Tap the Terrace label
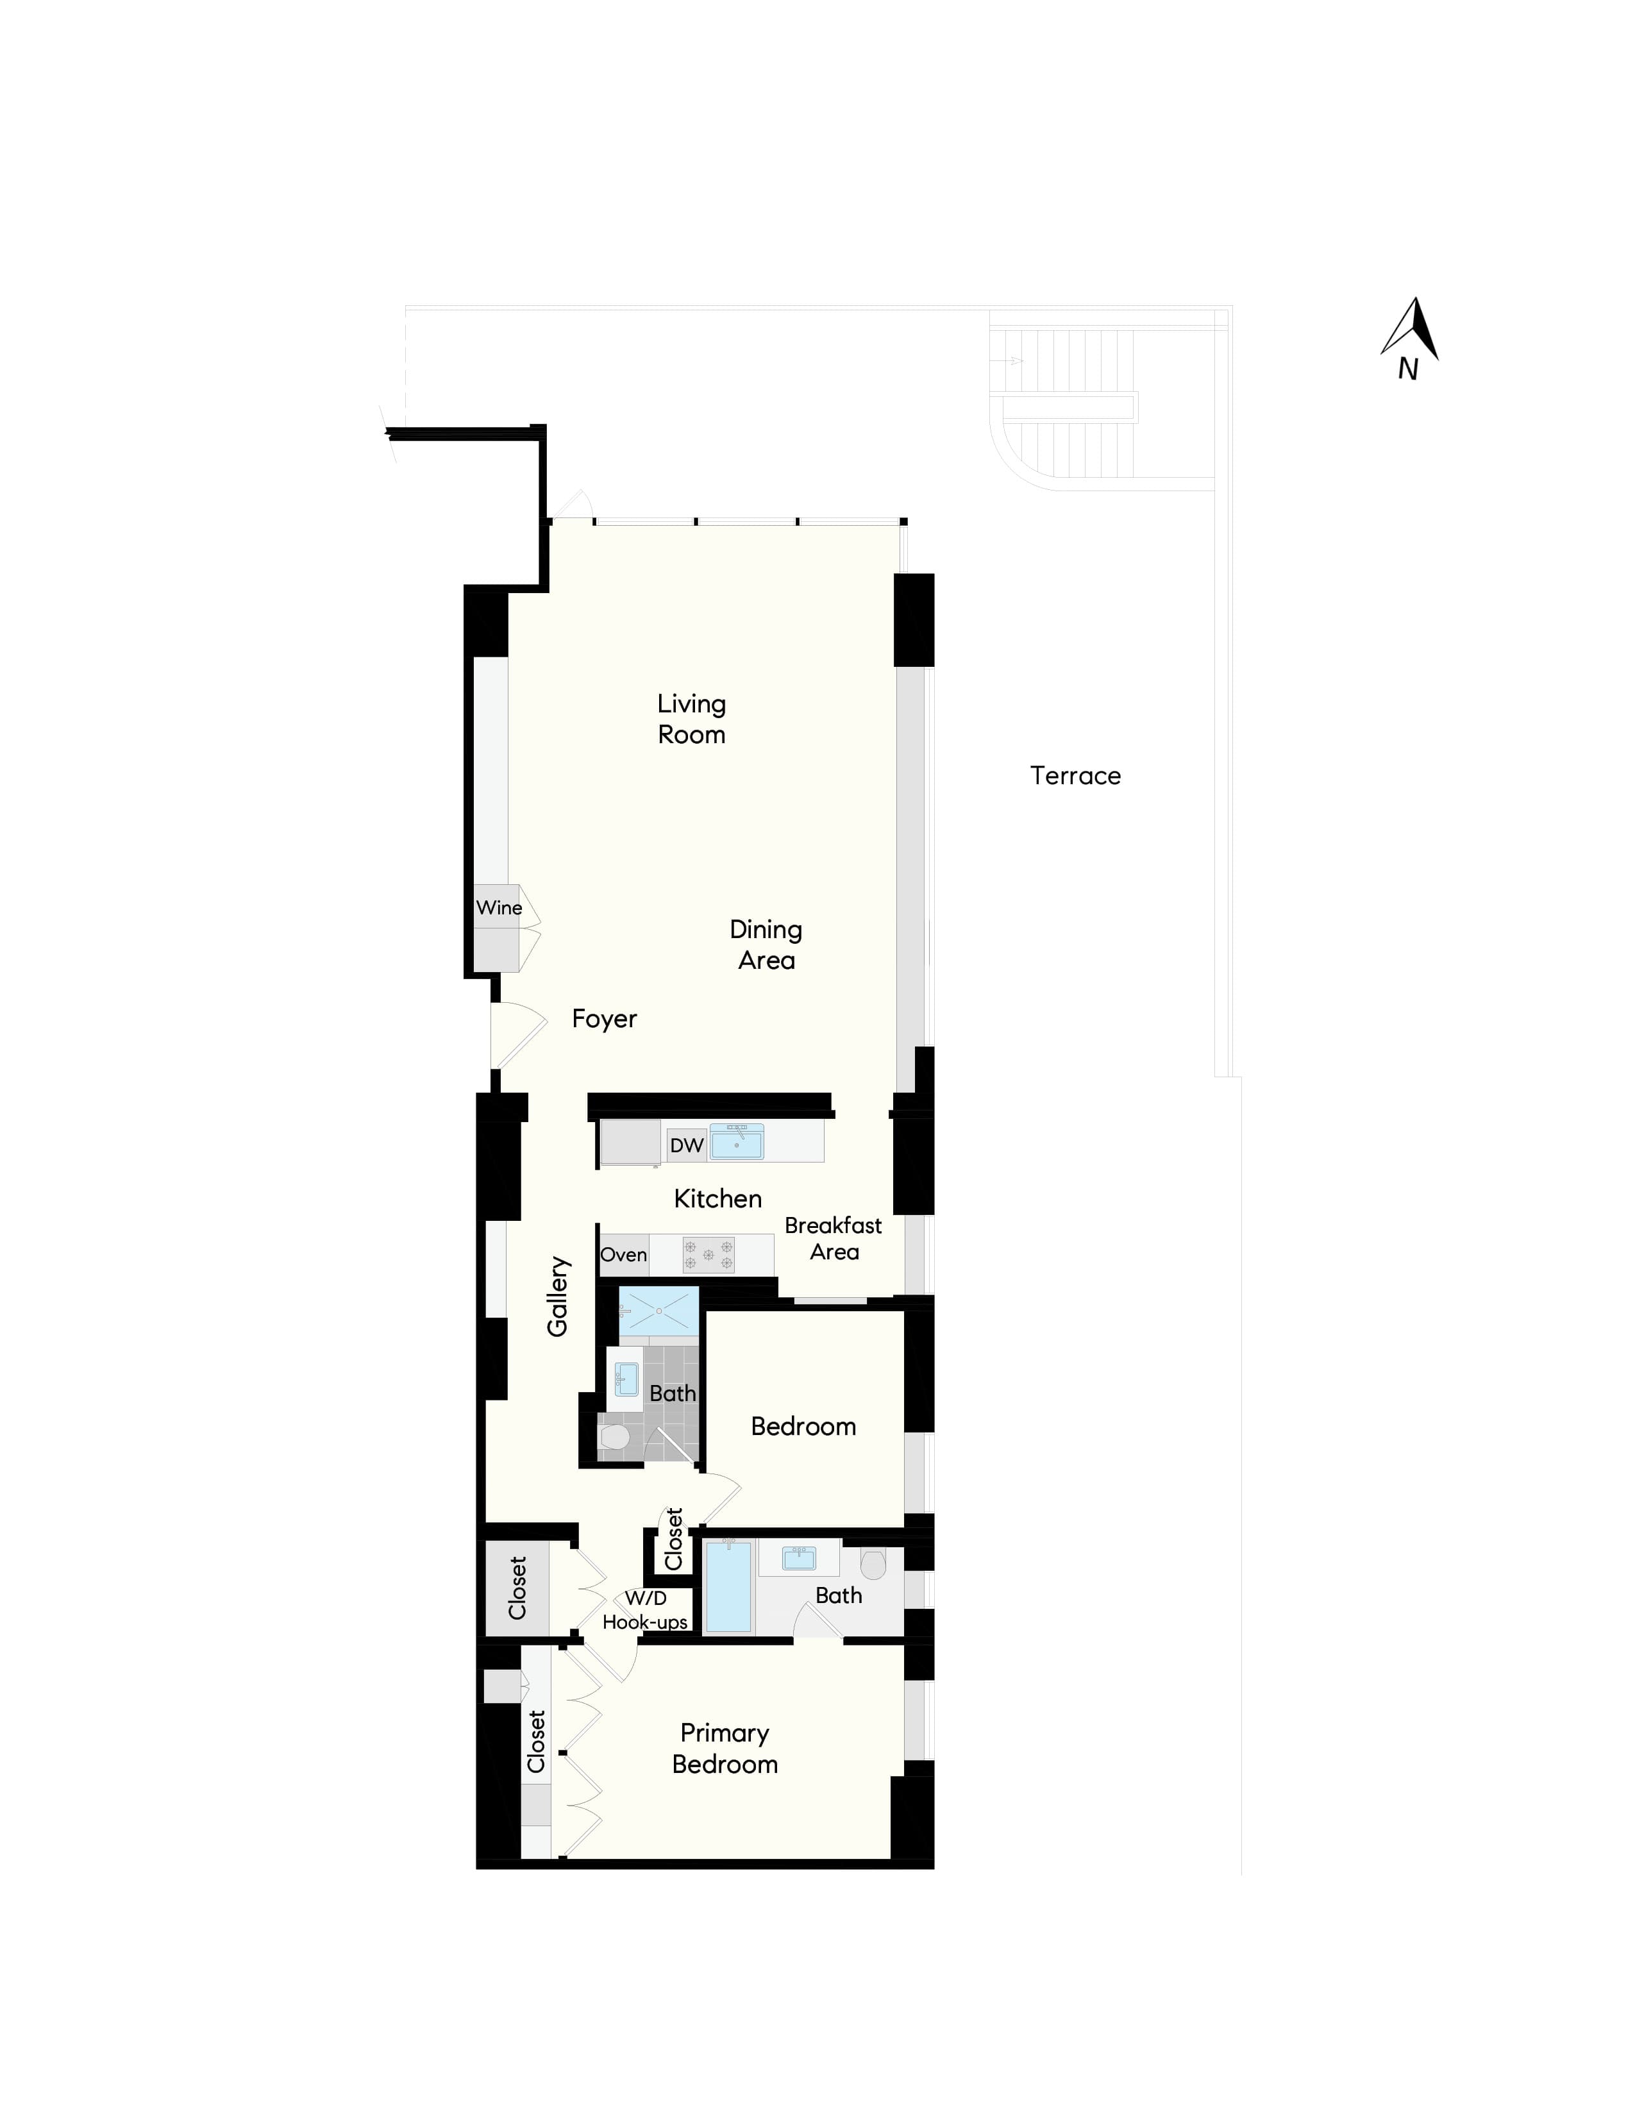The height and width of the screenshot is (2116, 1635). pos(1075,775)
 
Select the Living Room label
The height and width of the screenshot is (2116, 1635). pos(692,719)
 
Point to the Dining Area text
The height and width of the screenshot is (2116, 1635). pos(766,945)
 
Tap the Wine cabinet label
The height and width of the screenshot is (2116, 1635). pos(499,908)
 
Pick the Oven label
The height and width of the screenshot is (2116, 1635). pos(624,1255)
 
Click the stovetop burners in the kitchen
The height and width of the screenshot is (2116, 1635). pos(708,1255)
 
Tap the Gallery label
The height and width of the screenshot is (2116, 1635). pos(557,1297)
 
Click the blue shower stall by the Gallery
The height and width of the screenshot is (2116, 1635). pos(658,1311)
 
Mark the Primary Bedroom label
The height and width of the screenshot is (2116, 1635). pos(725,1748)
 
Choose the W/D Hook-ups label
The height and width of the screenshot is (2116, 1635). pos(645,1610)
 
